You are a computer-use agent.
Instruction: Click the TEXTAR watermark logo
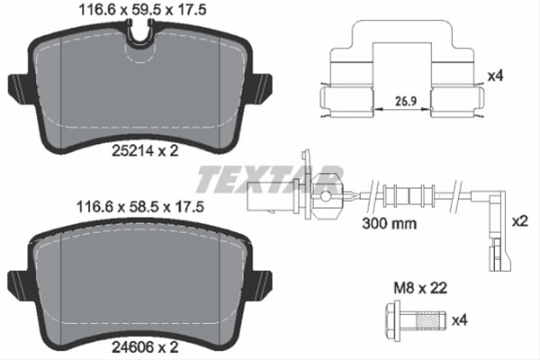(x=270, y=179)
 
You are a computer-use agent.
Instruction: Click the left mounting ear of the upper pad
(x=18, y=87)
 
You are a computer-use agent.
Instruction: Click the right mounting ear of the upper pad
(x=261, y=87)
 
